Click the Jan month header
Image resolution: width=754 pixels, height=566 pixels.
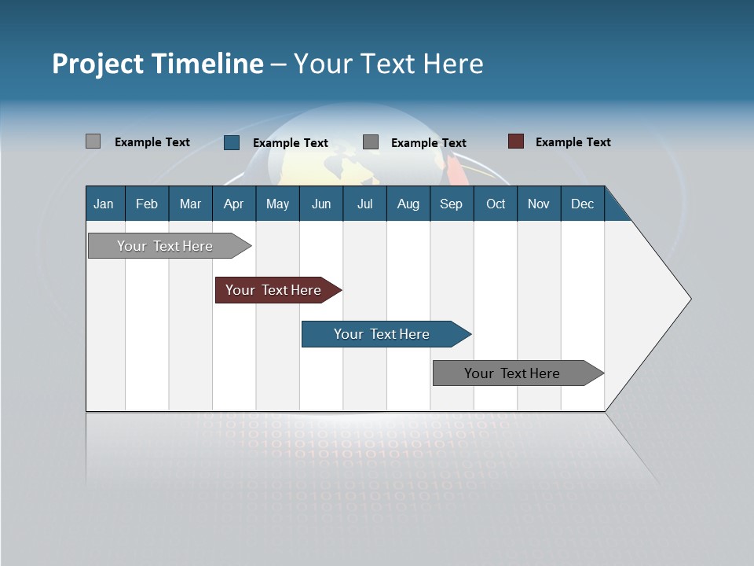click(x=104, y=204)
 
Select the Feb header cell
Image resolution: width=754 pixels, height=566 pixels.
click(x=147, y=204)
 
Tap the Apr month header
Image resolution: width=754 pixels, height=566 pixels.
click(x=234, y=204)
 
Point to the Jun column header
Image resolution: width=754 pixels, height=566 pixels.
click(x=321, y=204)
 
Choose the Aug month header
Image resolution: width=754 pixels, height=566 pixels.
click(x=408, y=204)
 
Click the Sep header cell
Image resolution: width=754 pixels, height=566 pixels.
click(x=452, y=204)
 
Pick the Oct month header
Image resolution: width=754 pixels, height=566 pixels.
click(x=496, y=204)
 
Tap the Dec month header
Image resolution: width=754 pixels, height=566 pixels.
click(x=583, y=204)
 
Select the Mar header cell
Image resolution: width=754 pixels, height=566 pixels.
click(x=190, y=204)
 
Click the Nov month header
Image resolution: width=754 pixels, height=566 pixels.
click(x=539, y=204)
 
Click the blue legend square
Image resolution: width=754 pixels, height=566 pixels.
click(x=232, y=142)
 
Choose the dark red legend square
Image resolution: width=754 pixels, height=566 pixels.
click(x=516, y=141)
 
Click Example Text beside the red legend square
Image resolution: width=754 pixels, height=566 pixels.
click(x=573, y=142)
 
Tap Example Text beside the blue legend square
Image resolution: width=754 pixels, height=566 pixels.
click(x=290, y=143)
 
